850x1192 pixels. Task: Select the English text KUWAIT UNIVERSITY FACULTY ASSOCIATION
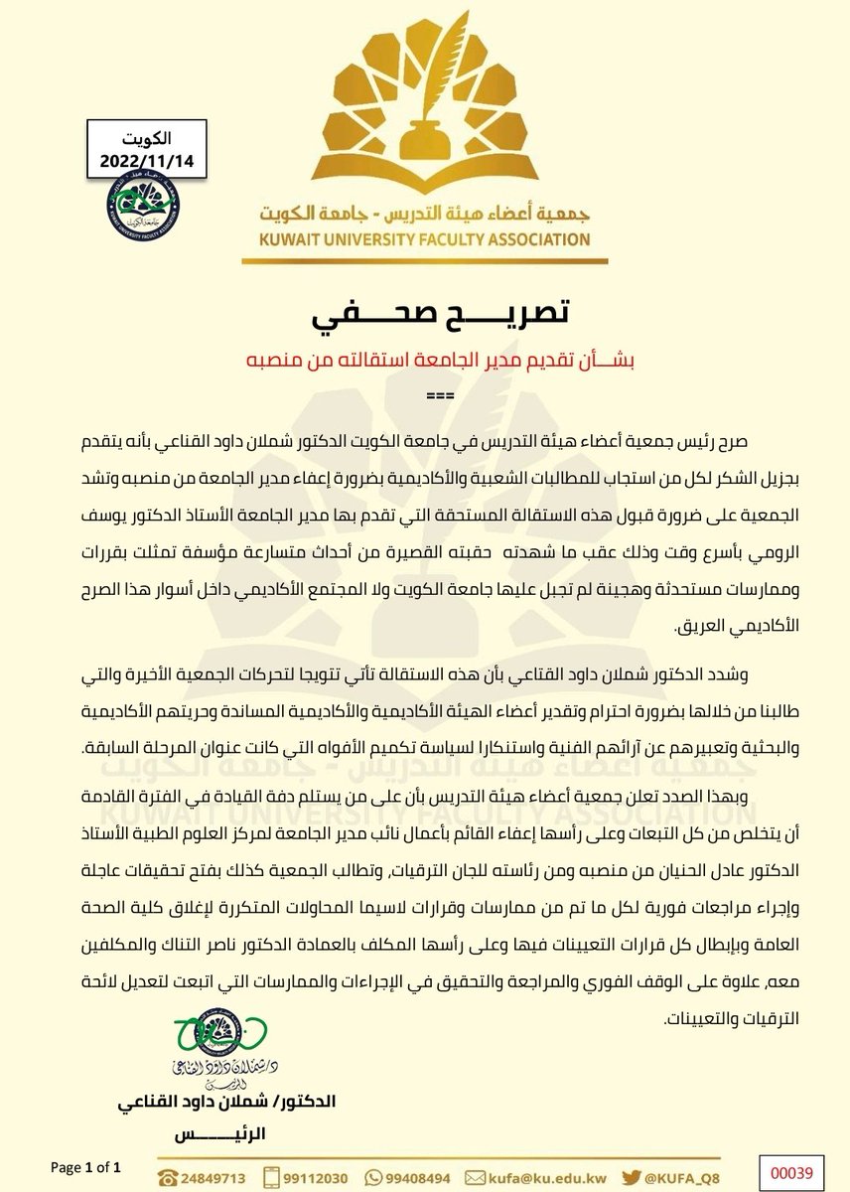coord(425,238)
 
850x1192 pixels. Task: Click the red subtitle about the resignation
coord(424,362)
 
